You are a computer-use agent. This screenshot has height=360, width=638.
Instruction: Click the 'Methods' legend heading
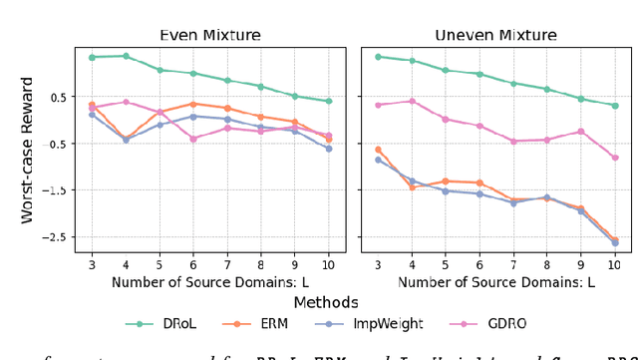pyautogui.click(x=325, y=301)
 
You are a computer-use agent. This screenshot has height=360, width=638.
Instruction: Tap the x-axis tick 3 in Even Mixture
pyautogui.click(x=92, y=264)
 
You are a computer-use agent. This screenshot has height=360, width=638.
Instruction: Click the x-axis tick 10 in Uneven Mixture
pyautogui.click(x=614, y=264)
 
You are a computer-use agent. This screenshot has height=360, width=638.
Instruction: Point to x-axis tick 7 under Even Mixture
pyautogui.click(x=227, y=264)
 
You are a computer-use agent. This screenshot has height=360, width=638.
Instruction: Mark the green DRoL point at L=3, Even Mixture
pyautogui.click(x=92, y=57)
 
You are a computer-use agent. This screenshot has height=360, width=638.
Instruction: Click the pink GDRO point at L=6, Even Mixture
pyautogui.click(x=193, y=139)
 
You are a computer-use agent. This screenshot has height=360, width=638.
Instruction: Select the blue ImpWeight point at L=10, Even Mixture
pyautogui.click(x=329, y=149)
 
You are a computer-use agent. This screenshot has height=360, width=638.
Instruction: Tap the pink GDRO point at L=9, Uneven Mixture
pyautogui.click(x=580, y=132)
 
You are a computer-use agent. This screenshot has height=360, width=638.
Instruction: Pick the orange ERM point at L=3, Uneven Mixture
pyautogui.click(x=378, y=150)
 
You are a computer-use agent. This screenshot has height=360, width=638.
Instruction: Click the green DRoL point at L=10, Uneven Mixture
pyautogui.click(x=614, y=106)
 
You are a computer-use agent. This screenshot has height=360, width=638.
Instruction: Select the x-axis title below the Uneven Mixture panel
pyautogui.click(x=495, y=282)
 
